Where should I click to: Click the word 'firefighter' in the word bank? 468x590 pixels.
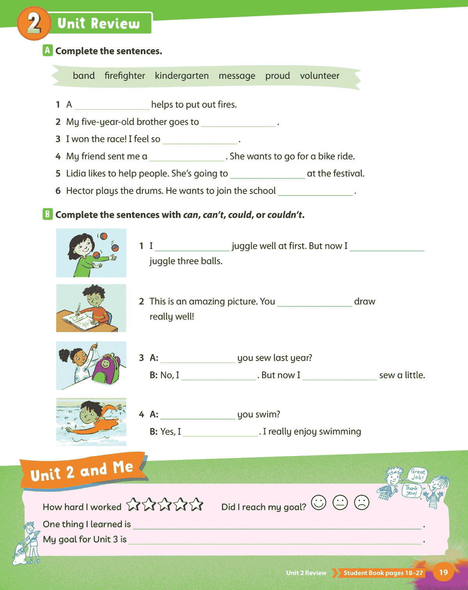(x=124, y=76)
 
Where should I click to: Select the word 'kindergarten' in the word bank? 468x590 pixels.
(x=181, y=76)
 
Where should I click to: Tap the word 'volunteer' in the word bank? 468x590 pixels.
(x=319, y=76)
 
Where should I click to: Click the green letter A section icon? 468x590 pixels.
(x=48, y=50)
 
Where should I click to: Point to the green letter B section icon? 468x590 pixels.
(x=48, y=214)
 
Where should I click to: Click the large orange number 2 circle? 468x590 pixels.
(x=34, y=23)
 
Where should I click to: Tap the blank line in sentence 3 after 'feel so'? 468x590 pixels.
(x=200, y=141)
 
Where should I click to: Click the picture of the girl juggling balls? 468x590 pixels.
(x=91, y=253)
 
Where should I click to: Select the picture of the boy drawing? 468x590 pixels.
(x=91, y=308)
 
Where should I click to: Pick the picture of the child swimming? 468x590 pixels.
(x=91, y=422)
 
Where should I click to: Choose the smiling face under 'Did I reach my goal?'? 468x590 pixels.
(x=319, y=502)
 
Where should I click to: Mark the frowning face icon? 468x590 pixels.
(x=362, y=502)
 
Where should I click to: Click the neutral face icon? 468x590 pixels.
(x=340, y=502)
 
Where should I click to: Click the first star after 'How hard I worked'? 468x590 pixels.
(x=133, y=505)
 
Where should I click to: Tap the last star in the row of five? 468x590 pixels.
(x=196, y=505)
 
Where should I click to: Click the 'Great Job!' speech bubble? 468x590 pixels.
(x=418, y=474)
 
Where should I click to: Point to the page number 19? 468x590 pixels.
(x=443, y=572)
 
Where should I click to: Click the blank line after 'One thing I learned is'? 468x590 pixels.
(x=277, y=526)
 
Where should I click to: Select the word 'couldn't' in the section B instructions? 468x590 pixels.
(x=285, y=215)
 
